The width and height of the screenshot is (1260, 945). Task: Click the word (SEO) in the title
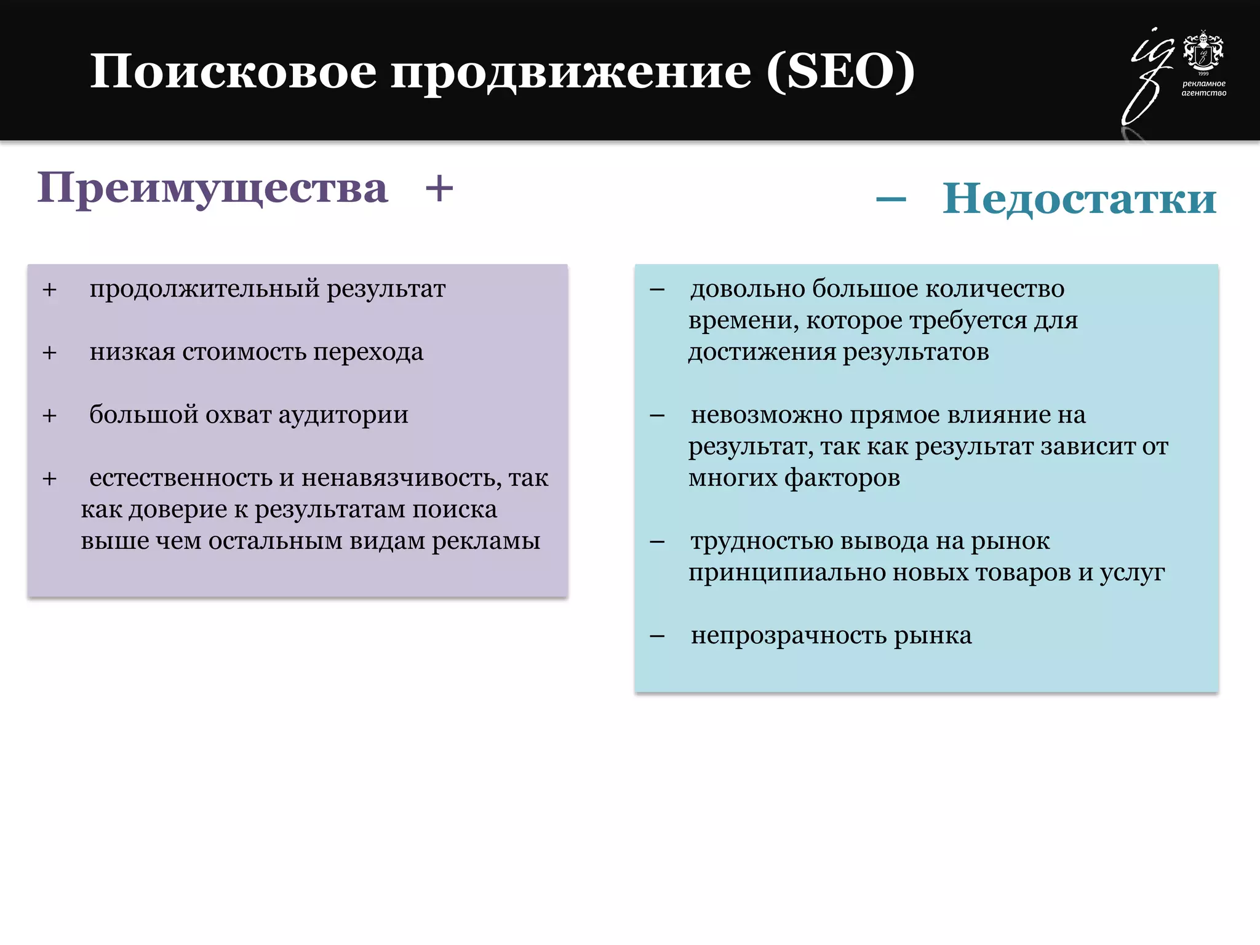(840, 72)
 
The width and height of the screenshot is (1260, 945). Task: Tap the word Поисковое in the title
(233, 72)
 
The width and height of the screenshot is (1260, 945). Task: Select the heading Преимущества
(212, 188)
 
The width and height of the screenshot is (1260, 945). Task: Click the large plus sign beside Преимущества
(439, 188)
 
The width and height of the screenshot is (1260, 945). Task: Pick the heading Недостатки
(1079, 199)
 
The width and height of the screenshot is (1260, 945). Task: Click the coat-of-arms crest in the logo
(1203, 51)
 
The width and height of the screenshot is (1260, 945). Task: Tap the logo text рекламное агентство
(1203, 88)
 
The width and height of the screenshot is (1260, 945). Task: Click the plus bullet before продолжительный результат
(49, 289)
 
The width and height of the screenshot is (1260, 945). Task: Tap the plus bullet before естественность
(49, 478)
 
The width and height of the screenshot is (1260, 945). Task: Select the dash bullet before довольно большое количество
(657, 289)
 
